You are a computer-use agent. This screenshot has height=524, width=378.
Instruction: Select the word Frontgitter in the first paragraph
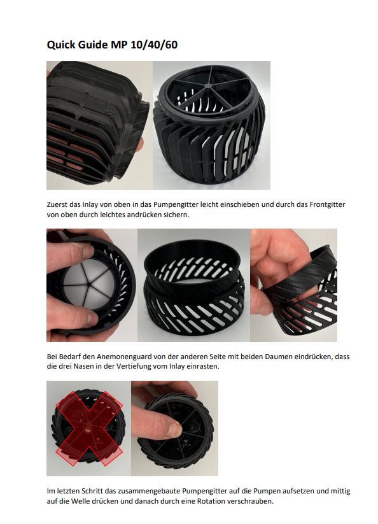pos(327,204)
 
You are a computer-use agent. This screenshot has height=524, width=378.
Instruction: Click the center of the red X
pos(88,428)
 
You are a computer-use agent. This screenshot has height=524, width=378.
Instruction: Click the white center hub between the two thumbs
pos(90,285)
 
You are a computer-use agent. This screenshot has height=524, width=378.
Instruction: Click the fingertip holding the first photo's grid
pos(139,145)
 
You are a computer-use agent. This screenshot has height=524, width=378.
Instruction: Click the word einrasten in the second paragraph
pos(205,366)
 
